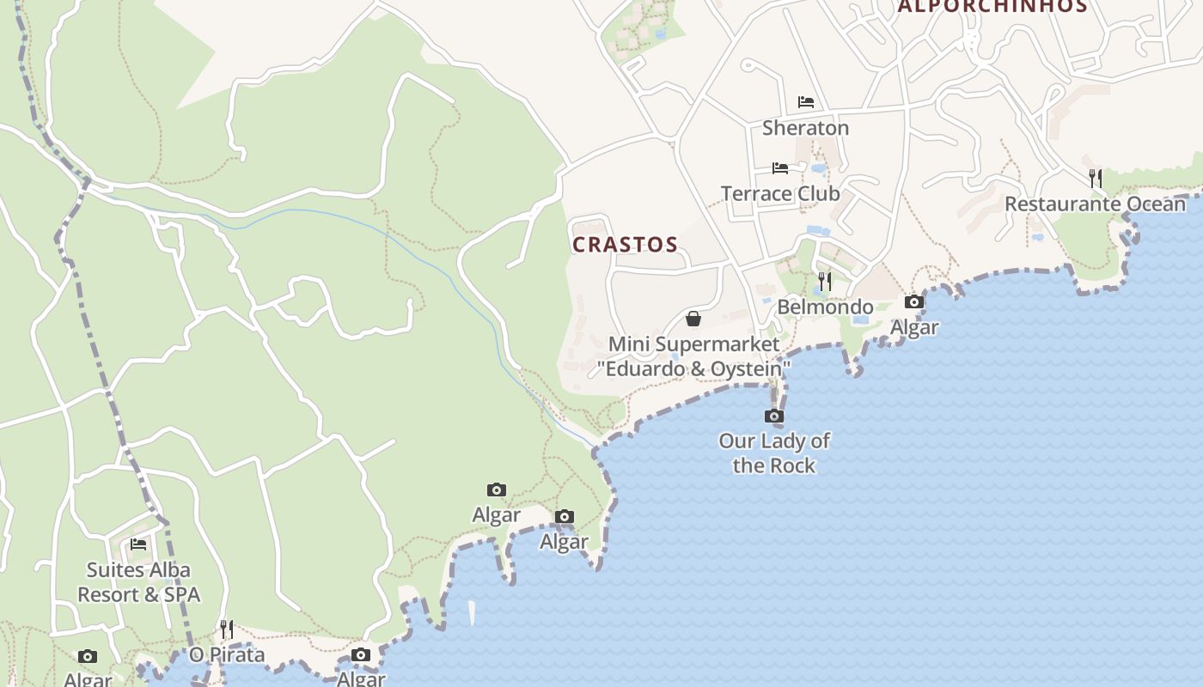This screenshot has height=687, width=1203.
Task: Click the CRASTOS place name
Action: click(x=625, y=245)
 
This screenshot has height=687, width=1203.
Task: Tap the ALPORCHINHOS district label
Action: click(x=992, y=6)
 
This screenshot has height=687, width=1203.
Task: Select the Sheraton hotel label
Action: click(x=805, y=128)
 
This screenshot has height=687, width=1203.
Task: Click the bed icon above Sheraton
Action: click(x=805, y=102)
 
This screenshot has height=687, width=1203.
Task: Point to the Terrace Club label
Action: click(x=780, y=193)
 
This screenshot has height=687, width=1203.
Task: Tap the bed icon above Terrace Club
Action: click(x=779, y=168)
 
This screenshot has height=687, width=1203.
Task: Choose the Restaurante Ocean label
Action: click(x=1095, y=204)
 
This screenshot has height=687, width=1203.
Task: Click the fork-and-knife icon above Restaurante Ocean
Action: click(x=1096, y=179)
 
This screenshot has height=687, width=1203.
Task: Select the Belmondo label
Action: click(x=825, y=307)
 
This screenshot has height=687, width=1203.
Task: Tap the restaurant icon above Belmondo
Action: click(x=825, y=282)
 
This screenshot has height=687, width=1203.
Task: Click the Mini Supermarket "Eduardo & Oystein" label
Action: click(x=693, y=356)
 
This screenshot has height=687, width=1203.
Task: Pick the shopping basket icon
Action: click(x=693, y=319)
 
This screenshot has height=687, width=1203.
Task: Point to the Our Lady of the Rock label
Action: click(x=774, y=453)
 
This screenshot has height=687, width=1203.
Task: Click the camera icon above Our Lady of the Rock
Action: click(x=774, y=416)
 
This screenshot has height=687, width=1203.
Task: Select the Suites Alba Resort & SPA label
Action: click(x=138, y=582)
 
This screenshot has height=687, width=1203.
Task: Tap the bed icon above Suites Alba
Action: click(x=138, y=544)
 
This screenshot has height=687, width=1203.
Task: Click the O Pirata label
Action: click(x=227, y=655)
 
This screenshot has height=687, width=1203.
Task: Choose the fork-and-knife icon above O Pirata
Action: click(x=227, y=629)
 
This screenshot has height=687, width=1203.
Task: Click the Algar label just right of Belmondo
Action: click(x=914, y=327)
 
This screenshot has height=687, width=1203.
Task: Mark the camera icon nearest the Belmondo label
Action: click(x=914, y=302)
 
